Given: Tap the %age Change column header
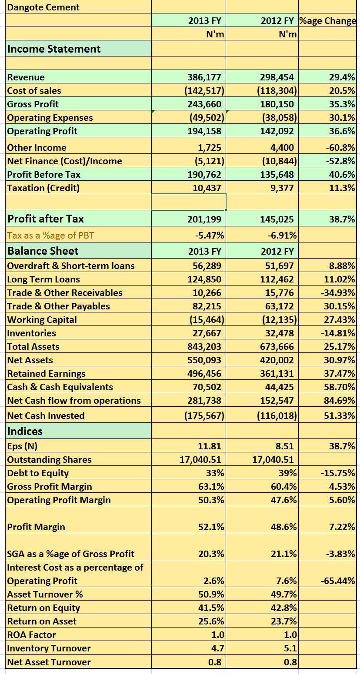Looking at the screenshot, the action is [327, 21].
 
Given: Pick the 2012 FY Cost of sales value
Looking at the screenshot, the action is [277, 91].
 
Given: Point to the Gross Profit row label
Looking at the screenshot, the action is [33, 104].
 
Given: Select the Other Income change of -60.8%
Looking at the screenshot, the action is [340, 148].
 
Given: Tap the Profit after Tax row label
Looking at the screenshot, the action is [46, 219].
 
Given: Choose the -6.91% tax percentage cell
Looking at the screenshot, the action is [282, 235].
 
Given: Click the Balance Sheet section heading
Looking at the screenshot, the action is [43, 251].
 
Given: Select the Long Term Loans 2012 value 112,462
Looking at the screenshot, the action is [277, 279].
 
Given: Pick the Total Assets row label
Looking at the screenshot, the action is [33, 347].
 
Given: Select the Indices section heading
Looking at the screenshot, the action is [25, 431].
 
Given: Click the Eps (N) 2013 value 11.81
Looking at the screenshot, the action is [210, 446].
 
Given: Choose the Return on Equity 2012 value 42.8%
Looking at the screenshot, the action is [284, 608].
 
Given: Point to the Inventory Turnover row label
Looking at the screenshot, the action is [49, 648].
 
